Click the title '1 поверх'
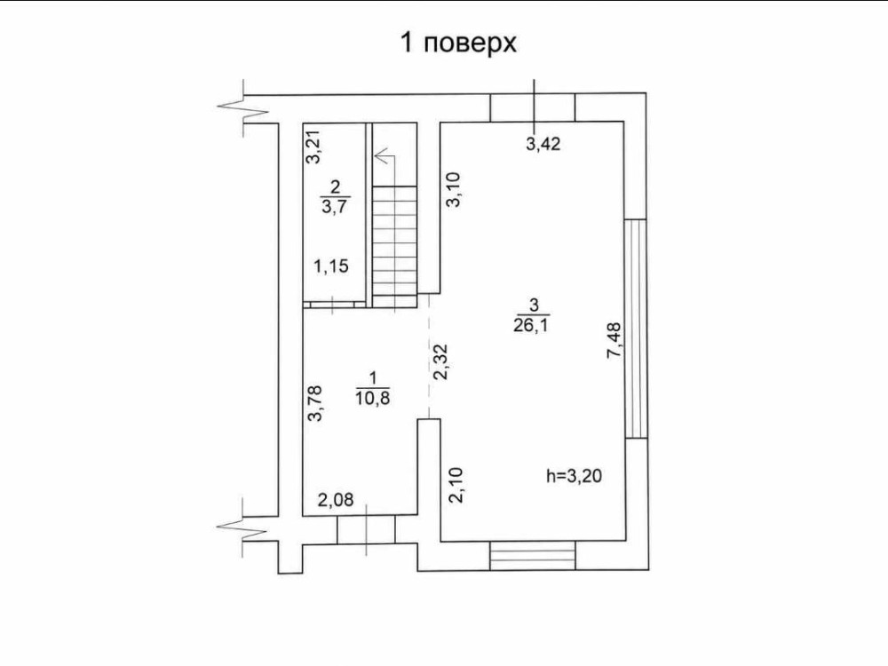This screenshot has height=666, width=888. [458, 44]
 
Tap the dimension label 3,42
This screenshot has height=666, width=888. [543, 144]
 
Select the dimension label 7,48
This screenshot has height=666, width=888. [614, 340]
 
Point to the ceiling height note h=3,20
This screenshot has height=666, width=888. [574, 476]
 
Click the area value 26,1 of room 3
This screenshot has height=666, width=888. [532, 326]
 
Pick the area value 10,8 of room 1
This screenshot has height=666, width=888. [373, 398]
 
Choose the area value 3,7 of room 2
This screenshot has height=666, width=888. [336, 206]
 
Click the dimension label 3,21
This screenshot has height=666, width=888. [313, 147]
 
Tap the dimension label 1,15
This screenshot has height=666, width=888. [331, 266]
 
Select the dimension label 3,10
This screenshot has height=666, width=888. [454, 190]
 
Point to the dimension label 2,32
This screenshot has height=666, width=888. [440, 362]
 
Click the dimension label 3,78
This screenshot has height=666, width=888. [314, 403]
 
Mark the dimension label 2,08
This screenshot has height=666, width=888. [336, 499]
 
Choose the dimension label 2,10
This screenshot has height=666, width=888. [456, 486]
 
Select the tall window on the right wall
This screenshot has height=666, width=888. [636, 329]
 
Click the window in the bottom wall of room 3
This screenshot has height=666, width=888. [532, 555]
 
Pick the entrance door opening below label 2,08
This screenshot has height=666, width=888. [366, 529]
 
